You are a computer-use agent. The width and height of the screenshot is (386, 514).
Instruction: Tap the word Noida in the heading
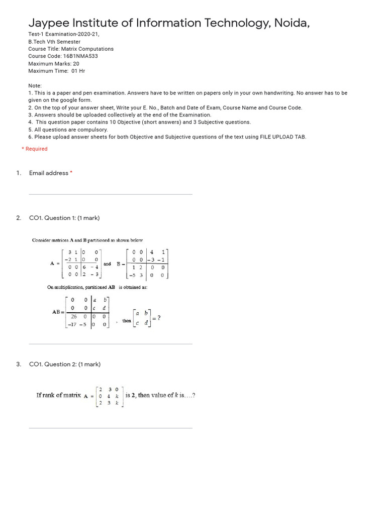(298, 23)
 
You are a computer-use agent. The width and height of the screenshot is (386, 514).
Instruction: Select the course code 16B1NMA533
(80, 56)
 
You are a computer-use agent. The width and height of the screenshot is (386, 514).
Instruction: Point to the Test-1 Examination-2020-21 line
(64, 34)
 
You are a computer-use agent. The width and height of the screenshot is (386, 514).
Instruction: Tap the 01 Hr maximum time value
(78, 71)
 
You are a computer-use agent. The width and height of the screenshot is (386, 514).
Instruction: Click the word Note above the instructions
(35, 86)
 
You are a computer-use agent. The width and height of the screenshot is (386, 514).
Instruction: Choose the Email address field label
(49, 173)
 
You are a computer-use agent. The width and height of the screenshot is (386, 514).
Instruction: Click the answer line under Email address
(111, 194)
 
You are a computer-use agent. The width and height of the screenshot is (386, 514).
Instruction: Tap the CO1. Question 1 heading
(64, 218)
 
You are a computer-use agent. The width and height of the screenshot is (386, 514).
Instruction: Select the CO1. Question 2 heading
(64, 364)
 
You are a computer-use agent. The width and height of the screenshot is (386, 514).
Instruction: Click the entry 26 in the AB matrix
(74, 317)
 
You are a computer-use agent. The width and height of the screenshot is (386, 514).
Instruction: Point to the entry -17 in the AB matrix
(72, 325)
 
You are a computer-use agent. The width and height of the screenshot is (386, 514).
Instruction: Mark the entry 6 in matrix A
(84, 267)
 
